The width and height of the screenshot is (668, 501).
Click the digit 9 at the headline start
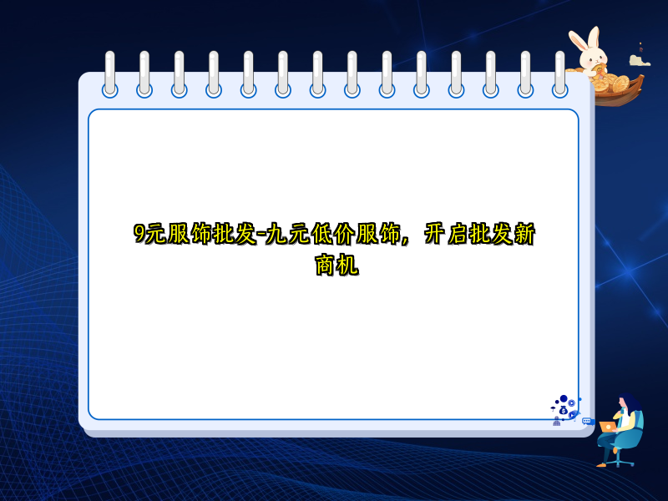pyautogui.click(x=139, y=235)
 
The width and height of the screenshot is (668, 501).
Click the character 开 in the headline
pyautogui.click(x=434, y=235)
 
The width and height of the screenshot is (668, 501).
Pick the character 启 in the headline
pyautogui.click(x=457, y=235)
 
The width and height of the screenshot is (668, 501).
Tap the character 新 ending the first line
pyautogui.click(x=524, y=235)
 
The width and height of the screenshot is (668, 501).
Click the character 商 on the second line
pyautogui.click(x=325, y=266)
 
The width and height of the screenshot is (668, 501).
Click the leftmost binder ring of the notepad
pyautogui.click(x=110, y=73)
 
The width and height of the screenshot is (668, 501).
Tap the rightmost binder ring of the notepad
pyautogui.click(x=560, y=73)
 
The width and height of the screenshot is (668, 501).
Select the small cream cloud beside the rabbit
pyautogui.click(x=640, y=60)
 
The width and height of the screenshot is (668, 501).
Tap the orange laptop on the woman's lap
pyautogui.click(x=607, y=427)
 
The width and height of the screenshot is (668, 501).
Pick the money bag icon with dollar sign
pyautogui.click(x=564, y=411)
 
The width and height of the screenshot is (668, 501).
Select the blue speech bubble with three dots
pyautogui.click(x=587, y=422)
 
